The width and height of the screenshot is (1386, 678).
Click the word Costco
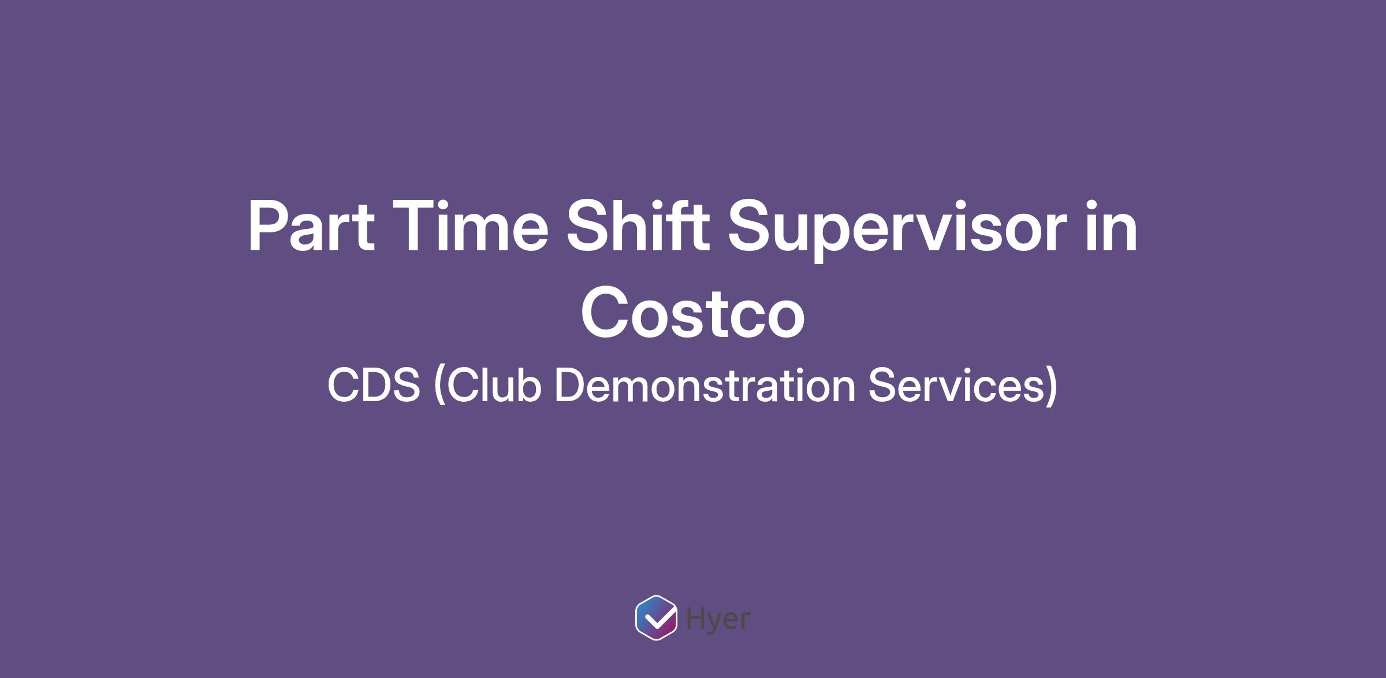(692, 313)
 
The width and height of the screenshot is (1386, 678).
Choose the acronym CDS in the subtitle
(374, 386)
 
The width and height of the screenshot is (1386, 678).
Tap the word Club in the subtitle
(494, 384)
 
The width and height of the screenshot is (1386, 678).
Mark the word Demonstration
(705, 384)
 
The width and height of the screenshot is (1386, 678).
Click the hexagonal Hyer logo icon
(656, 617)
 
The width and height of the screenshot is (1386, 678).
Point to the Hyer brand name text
(718, 620)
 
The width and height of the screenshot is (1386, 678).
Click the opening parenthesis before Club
(439, 386)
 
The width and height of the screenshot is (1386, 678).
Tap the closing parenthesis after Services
(1050, 386)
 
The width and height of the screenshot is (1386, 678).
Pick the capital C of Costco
(606, 313)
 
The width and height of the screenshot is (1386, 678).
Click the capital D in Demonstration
(571, 386)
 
